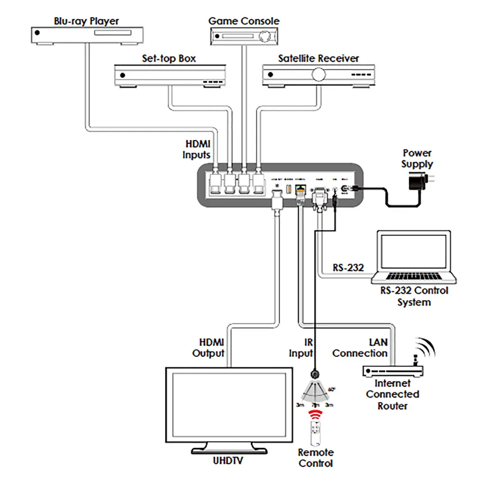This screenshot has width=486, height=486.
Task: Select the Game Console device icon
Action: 244,36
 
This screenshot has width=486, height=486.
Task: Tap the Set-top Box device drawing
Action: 169,76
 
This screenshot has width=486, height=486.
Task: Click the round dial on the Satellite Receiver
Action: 318,74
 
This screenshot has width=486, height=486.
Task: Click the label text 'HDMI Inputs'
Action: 197,149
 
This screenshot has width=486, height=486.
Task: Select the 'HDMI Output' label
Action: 208,348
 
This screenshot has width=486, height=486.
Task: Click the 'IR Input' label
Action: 301,348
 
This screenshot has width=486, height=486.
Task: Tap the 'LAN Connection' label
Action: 360,348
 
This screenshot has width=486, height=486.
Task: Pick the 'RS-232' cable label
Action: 348,268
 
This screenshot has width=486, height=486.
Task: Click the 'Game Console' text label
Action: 244,21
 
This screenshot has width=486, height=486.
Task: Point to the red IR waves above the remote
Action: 313,415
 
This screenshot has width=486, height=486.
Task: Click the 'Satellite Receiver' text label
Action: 318,58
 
